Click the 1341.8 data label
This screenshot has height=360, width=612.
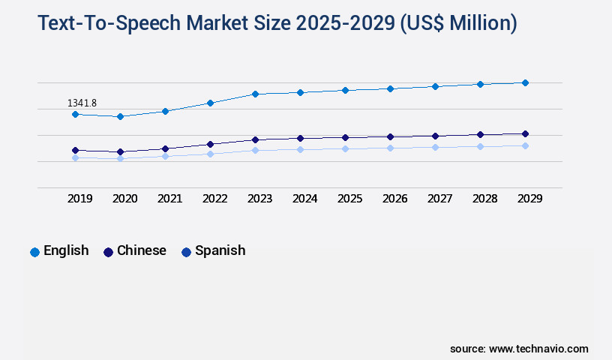(x=82, y=103)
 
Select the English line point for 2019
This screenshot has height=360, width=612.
(x=75, y=114)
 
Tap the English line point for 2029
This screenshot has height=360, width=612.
(x=525, y=82)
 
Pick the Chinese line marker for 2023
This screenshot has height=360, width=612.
(x=255, y=139)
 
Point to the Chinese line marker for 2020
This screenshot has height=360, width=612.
(x=120, y=151)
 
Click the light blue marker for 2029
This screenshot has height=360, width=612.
(x=525, y=145)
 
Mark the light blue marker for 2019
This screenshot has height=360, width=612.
(x=75, y=157)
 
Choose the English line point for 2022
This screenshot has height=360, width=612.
(x=210, y=103)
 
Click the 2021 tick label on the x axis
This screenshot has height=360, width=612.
(x=169, y=199)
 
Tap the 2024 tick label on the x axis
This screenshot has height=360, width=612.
(x=304, y=199)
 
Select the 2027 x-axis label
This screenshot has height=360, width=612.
(x=439, y=199)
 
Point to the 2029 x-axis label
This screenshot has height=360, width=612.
(x=529, y=199)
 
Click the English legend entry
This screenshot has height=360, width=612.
(x=59, y=251)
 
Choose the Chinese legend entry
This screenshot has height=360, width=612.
(x=134, y=251)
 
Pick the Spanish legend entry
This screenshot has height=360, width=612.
(x=213, y=251)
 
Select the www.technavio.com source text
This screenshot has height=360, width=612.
(x=538, y=349)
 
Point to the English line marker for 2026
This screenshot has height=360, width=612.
(x=390, y=88)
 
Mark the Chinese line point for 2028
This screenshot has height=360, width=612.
(x=480, y=134)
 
